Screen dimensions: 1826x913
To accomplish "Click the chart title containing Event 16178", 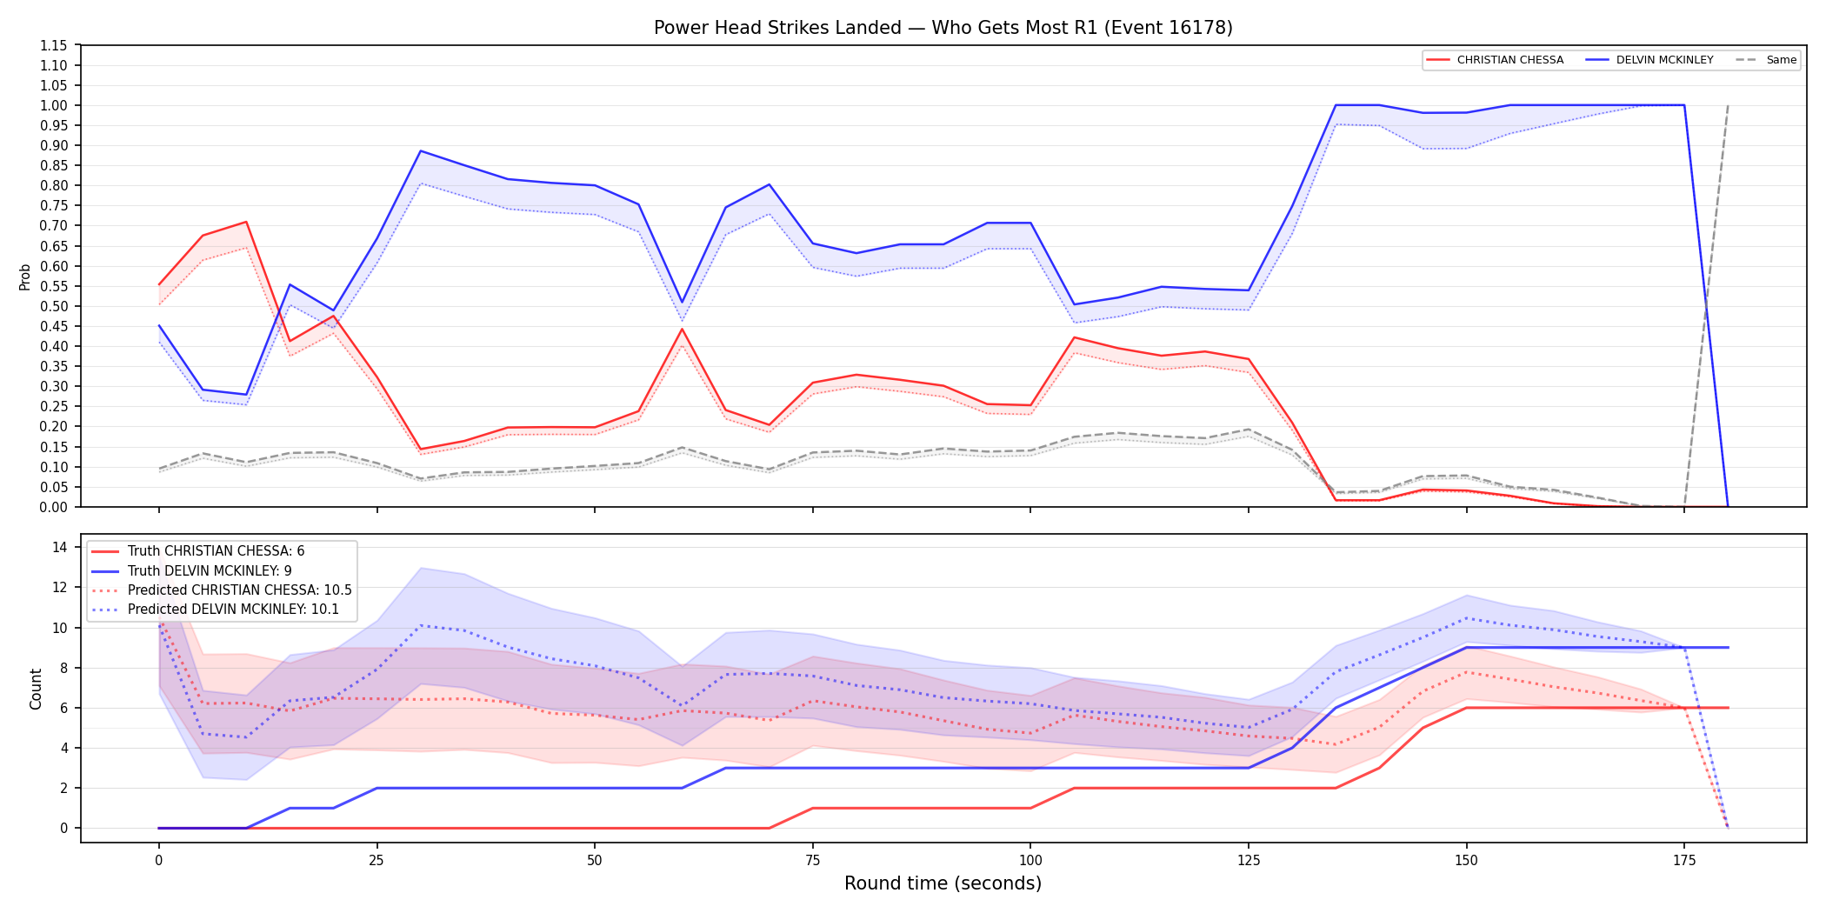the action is click(x=943, y=28).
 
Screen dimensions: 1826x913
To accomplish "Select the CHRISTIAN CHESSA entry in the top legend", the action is click(x=1495, y=60).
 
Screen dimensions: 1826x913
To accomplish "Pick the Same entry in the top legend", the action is click(x=1766, y=60).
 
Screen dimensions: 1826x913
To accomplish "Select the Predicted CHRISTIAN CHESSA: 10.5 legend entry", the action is click(x=222, y=590).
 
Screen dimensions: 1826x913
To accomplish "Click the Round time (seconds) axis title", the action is click(x=943, y=883).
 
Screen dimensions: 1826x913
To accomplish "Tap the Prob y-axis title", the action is click(x=25, y=277).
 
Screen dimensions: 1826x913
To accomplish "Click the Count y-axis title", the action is click(x=36, y=689).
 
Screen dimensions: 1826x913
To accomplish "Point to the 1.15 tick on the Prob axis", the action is click(x=55, y=45).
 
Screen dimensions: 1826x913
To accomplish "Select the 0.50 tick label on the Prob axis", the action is click(x=55, y=306).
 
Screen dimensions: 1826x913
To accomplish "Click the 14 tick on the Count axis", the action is click(x=60, y=547).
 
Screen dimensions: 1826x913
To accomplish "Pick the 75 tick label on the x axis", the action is click(x=813, y=861).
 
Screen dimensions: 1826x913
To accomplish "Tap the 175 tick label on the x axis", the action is click(x=1684, y=861).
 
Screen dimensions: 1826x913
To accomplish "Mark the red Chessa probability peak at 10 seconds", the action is click(x=246, y=222).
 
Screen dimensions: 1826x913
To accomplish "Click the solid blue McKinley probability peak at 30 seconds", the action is click(x=421, y=151).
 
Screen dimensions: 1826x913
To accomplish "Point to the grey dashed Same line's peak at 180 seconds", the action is click(x=1728, y=105).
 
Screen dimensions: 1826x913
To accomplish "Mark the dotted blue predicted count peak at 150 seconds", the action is click(x=1467, y=618).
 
